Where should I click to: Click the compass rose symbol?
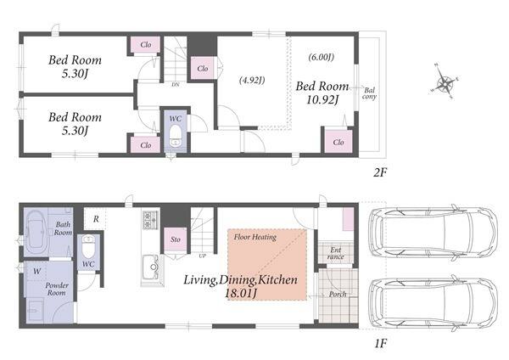(445, 82)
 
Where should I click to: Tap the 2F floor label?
(380, 172)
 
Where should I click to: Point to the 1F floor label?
(380, 343)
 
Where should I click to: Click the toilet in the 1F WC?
(87, 245)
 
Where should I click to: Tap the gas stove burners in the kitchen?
(150, 220)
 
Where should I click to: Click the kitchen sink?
(151, 267)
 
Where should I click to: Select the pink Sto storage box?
(176, 239)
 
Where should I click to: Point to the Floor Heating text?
(255, 237)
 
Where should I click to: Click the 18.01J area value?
(241, 294)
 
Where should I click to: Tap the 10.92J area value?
(322, 99)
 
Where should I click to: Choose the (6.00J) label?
(321, 57)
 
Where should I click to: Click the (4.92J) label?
(252, 80)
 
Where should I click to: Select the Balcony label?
(369, 93)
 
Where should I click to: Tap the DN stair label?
(176, 84)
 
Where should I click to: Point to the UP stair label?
(202, 256)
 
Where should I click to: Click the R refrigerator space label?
(96, 219)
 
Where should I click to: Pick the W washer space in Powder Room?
(37, 271)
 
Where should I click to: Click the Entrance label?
(336, 253)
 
